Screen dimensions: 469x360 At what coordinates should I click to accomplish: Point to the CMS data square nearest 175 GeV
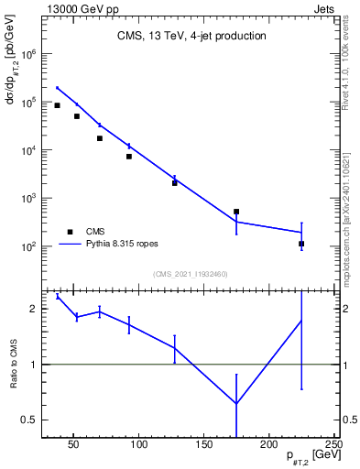(236, 212)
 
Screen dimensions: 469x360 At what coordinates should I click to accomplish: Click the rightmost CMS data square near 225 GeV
(301, 244)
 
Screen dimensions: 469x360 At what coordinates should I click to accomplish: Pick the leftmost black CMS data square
(57, 105)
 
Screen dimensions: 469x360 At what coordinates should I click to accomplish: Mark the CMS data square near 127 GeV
(174, 183)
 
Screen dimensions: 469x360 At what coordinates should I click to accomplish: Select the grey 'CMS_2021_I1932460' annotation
(190, 274)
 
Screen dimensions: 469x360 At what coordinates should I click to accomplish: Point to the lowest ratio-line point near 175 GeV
(236, 404)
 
